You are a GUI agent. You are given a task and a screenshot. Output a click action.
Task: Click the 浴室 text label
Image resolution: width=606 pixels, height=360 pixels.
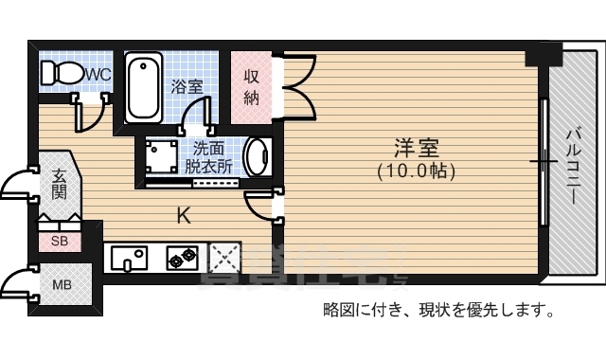pyautogui.click(x=187, y=86)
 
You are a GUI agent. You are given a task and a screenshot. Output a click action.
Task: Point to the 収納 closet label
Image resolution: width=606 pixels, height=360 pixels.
pyautogui.click(x=252, y=86)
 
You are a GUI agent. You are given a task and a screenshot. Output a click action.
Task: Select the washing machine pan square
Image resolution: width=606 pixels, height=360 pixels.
pyautogui.click(x=158, y=154)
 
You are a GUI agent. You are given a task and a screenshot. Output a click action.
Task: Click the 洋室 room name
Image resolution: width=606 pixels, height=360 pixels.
pyautogui.click(x=417, y=149)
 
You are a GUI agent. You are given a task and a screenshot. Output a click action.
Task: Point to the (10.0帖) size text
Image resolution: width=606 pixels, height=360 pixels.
pyautogui.click(x=417, y=171)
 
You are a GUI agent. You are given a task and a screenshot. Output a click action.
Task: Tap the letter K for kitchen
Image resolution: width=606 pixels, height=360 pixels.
pyautogui.click(x=184, y=216)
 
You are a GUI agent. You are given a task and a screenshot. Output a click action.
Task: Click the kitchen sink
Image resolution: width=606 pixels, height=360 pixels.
pyautogui.click(x=129, y=257)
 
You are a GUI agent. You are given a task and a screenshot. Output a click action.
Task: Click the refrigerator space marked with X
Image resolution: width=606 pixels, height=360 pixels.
pyautogui.click(x=225, y=256)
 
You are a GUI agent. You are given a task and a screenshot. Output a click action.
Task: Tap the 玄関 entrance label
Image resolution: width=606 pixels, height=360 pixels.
pyautogui.click(x=59, y=184)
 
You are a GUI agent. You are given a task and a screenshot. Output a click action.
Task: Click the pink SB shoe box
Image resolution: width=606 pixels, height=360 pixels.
pyautogui.click(x=59, y=242)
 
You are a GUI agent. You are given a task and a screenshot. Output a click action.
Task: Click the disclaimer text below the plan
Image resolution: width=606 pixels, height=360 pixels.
pyautogui.click(x=437, y=310)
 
